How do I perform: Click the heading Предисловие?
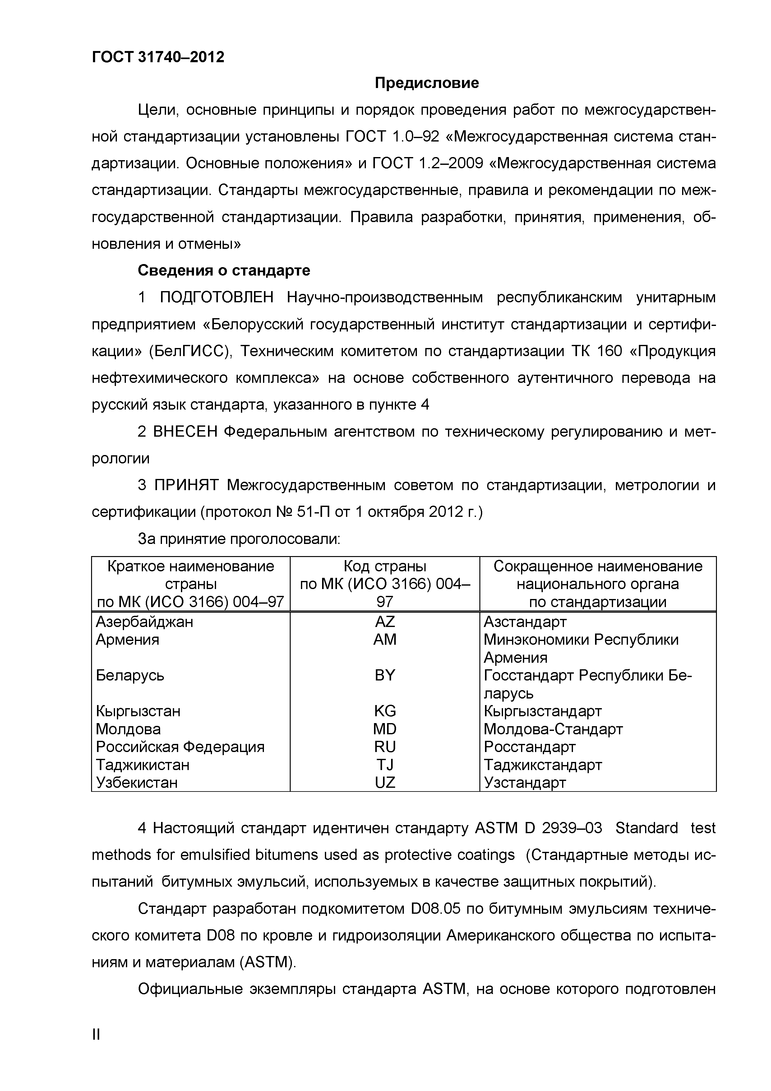[427, 83]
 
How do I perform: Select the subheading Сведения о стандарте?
[224, 270]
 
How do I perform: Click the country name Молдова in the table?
[128, 729]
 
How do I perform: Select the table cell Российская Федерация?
[180, 746]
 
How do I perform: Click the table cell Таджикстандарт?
[542, 764]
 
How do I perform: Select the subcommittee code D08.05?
[435, 908]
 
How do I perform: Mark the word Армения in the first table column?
[127, 640]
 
